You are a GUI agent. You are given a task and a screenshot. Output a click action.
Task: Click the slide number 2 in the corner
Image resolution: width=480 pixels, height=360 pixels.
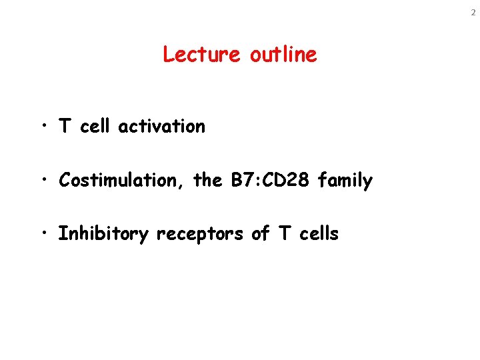point(473,13)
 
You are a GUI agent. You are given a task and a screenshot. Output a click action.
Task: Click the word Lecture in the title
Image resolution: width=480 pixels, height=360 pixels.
point(202,54)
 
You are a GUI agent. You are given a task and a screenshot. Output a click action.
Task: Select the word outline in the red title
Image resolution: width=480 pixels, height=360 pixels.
point(283,54)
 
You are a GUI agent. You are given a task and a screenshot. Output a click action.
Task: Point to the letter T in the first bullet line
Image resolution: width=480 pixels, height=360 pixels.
point(65,126)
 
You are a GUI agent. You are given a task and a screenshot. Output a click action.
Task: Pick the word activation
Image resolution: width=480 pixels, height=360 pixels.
point(162,126)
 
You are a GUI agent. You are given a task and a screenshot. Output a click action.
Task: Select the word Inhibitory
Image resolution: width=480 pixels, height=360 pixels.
point(103,235)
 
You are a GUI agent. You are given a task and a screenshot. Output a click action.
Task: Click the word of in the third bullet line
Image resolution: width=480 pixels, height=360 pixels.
point(261,234)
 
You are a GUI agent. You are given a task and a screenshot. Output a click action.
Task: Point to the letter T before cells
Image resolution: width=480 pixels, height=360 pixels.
point(285,234)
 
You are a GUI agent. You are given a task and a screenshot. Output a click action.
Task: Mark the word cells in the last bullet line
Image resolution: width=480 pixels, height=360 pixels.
point(318,234)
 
